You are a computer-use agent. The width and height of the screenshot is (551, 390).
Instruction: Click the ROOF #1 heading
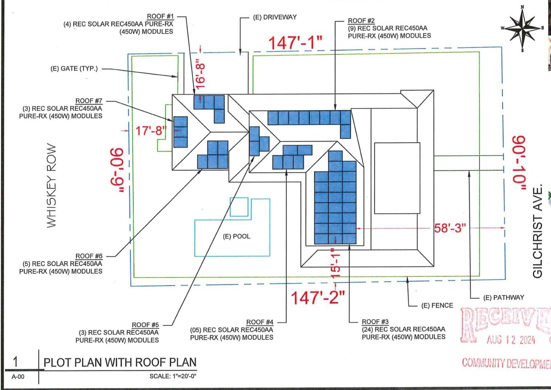[160, 17]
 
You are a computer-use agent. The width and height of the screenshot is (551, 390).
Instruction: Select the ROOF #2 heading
[361, 21]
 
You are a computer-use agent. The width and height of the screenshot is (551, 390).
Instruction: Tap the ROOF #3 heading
[375, 322]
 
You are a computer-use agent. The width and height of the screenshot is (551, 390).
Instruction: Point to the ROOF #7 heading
[89, 101]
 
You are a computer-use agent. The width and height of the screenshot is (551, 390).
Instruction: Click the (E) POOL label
[236, 236]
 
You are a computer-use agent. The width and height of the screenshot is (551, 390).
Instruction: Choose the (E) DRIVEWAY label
[275, 17]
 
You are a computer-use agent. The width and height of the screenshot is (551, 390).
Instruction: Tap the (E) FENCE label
[437, 305]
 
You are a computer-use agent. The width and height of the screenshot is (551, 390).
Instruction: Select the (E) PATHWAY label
[504, 297]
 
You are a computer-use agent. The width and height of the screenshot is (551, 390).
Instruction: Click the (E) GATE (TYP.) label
[74, 69]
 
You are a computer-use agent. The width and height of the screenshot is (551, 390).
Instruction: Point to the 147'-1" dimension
[295, 43]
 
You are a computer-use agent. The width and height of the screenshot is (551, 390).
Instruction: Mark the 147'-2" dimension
[318, 297]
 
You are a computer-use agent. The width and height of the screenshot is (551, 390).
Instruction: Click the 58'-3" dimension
[450, 228]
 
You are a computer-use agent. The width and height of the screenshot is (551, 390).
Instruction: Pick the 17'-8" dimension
[151, 130]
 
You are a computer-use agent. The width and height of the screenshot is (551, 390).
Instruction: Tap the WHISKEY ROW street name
[51, 186]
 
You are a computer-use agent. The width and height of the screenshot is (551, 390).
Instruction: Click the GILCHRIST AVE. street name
[538, 231]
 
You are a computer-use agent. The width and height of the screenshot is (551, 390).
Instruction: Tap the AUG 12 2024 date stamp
[510, 340]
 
